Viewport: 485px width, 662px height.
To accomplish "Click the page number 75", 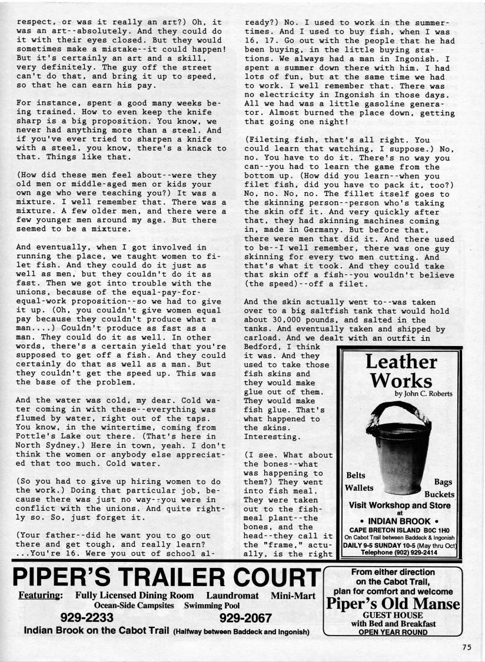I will pos(467,647).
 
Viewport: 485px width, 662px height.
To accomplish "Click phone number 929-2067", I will pos(245,618).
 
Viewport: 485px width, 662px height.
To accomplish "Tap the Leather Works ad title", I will pos(401,371).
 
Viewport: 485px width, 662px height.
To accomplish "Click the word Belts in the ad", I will pos(356,475).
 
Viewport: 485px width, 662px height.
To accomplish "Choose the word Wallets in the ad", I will pos(360,488).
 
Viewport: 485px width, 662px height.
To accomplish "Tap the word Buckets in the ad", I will pos(439,494).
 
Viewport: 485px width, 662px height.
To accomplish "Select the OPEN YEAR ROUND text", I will pos(393,633).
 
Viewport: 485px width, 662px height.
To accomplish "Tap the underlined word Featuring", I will pos(41,595).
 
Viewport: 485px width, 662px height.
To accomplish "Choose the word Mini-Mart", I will pos(295,595).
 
